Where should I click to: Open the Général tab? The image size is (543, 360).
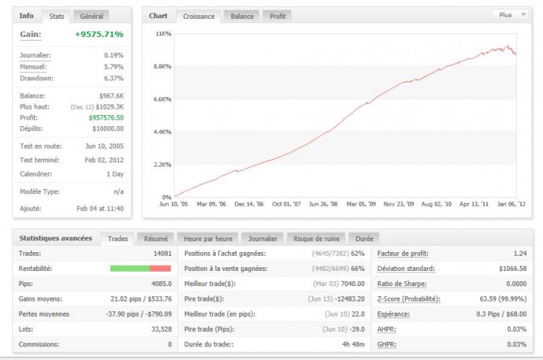(x=91, y=16)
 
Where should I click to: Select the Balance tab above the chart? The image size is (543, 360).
(x=242, y=16)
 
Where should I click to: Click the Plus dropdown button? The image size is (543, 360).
(x=509, y=14)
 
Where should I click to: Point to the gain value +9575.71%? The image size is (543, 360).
(x=99, y=34)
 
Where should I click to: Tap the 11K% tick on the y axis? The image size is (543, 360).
(x=164, y=34)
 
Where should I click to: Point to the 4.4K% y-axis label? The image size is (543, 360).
(x=163, y=132)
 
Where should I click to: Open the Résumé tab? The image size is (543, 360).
(x=156, y=238)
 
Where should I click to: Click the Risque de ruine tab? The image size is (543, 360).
(x=317, y=238)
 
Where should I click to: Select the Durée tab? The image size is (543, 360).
(x=364, y=238)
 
